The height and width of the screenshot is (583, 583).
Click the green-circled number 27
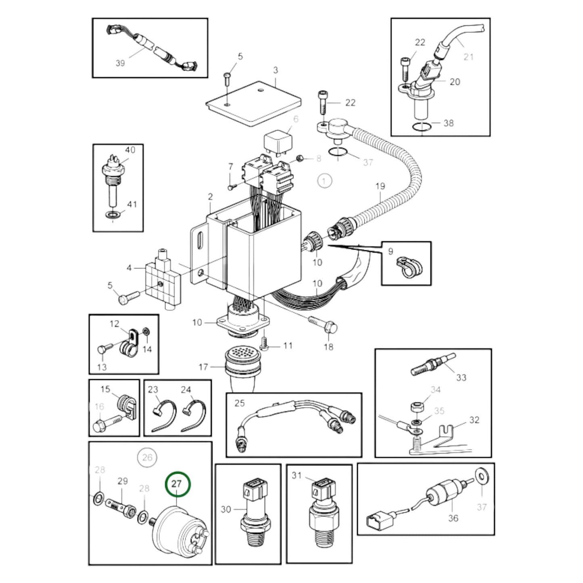click(x=177, y=484)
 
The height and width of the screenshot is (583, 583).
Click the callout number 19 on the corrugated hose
click(x=380, y=186)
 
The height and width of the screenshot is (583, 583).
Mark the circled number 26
click(x=147, y=457)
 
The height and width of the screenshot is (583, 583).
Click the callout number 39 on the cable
click(x=120, y=63)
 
